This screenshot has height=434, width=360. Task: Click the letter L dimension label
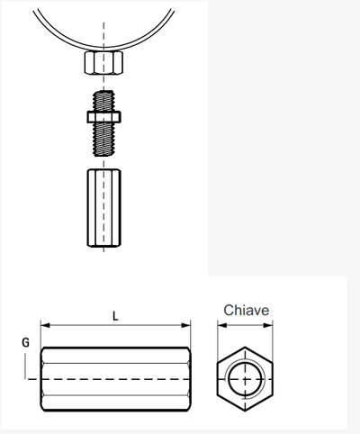[x=115, y=316]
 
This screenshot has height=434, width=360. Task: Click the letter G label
[x=26, y=342]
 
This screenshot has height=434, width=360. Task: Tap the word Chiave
[x=246, y=311]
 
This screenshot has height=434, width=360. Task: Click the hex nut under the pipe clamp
[x=103, y=62]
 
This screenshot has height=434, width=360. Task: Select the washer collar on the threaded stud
[x=103, y=117]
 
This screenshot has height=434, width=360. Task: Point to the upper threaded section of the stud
[x=103, y=101]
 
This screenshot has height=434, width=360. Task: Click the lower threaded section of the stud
[x=103, y=140]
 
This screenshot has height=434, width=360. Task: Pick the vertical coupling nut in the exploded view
[x=103, y=208]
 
